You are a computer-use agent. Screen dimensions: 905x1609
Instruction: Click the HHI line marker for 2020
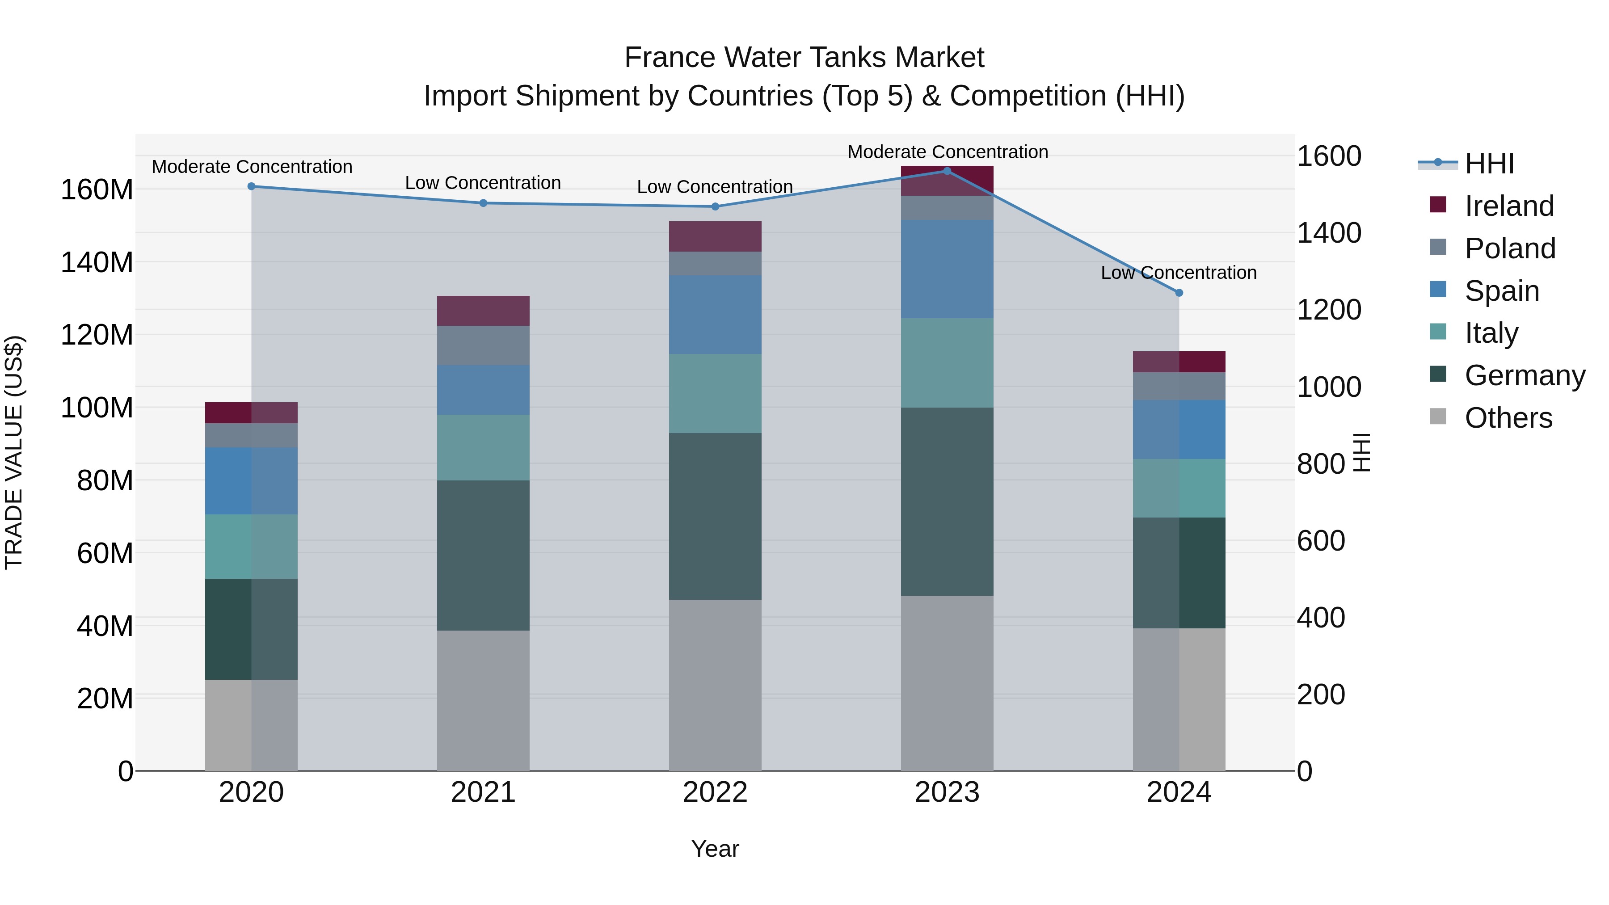click(x=251, y=186)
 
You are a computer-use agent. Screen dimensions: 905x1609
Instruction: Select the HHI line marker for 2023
click(x=947, y=171)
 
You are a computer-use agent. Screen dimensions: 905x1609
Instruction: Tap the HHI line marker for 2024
click(x=1179, y=292)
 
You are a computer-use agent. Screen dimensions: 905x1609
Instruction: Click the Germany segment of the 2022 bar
click(x=715, y=517)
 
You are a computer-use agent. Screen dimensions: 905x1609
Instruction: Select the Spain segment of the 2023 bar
click(x=947, y=269)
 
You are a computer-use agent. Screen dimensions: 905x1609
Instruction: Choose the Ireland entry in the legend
click(x=1508, y=206)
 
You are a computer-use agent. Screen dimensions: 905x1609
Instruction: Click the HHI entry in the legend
click(x=1489, y=164)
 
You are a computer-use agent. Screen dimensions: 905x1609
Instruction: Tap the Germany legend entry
click(x=1524, y=375)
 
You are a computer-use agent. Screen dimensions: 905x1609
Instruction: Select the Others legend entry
click(x=1508, y=418)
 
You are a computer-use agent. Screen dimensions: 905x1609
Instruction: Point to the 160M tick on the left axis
click(x=97, y=189)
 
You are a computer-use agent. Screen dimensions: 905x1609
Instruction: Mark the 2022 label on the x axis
click(x=715, y=792)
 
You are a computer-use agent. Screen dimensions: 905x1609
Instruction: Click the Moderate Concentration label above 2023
click(x=947, y=152)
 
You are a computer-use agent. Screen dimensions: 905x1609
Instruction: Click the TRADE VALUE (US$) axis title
click(x=14, y=452)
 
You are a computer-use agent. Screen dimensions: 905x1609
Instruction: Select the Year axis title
click(x=715, y=849)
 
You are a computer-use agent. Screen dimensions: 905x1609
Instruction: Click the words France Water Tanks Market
click(x=804, y=58)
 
